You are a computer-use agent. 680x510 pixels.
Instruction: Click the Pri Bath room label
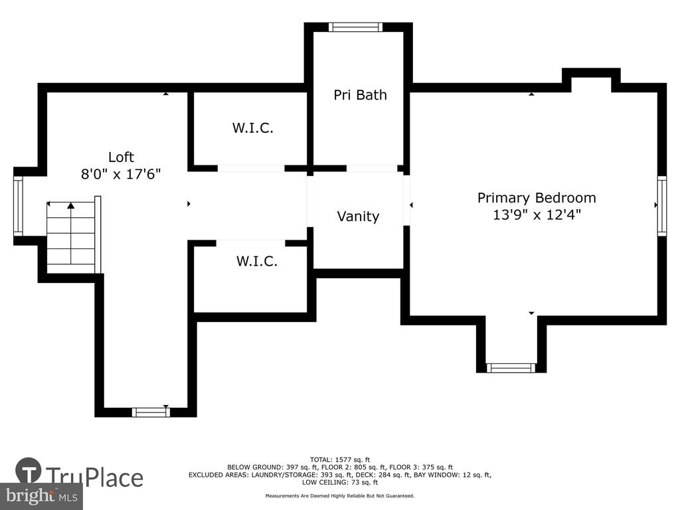[360, 95]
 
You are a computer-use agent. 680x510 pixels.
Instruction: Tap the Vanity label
[358, 216]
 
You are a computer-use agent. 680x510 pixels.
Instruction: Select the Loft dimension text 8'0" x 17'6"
[121, 174]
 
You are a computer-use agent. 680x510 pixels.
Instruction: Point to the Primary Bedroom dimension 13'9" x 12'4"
[537, 214]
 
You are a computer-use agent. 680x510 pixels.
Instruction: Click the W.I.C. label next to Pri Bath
[253, 128]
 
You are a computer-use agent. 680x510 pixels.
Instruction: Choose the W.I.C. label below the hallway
[257, 261]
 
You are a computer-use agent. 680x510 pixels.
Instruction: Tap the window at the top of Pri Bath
[356, 27]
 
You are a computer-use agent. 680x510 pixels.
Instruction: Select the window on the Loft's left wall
[18, 206]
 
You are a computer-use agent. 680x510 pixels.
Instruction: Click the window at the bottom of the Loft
[151, 412]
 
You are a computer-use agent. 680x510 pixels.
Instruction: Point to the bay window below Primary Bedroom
[511, 368]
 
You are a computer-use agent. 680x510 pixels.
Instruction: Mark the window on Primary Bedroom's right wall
[662, 206]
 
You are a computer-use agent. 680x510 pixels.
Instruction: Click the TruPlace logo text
[94, 477]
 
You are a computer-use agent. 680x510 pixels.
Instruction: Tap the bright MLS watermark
[42, 496]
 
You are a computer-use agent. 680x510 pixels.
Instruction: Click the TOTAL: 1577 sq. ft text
[340, 460]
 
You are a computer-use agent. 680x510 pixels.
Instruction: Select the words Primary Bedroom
[537, 198]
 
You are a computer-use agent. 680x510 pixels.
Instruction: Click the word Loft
[121, 157]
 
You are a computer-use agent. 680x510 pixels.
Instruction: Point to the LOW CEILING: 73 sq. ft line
[340, 482]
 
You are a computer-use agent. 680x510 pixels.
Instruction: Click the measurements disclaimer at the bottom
[340, 495]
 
